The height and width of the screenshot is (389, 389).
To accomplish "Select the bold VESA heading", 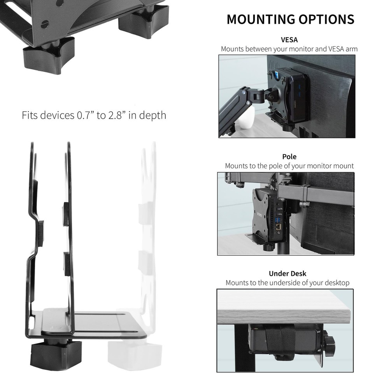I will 289,40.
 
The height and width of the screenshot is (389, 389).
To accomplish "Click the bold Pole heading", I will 289,156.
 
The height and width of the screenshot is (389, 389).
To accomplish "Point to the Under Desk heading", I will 287,273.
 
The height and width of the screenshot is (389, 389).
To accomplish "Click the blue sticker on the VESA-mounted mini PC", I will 278,73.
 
